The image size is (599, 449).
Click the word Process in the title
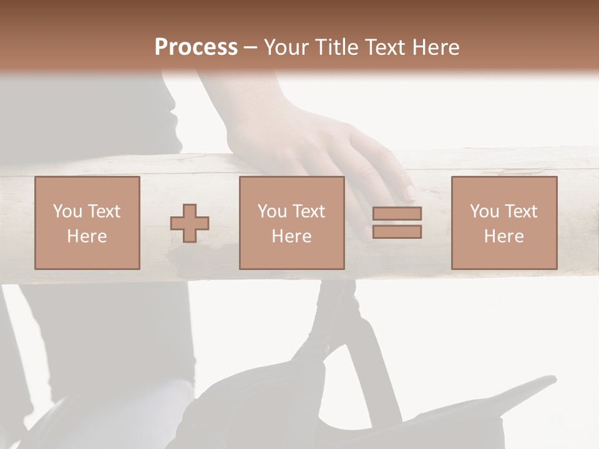coord(196,47)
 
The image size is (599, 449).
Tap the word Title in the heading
coord(336,47)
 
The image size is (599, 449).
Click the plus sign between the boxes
coord(190,223)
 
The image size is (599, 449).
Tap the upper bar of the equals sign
coord(397,213)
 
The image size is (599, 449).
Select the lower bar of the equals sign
coord(397,232)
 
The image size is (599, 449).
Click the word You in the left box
coord(67,211)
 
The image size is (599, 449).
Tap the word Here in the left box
coord(87,236)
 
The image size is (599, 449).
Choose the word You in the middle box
coord(272,211)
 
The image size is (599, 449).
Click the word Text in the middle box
coord(308,211)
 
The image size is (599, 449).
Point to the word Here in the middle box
coord(291,236)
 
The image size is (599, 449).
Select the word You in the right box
coord(484,211)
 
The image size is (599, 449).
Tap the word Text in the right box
coord(520,211)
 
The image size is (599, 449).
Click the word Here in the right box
coord(504,236)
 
